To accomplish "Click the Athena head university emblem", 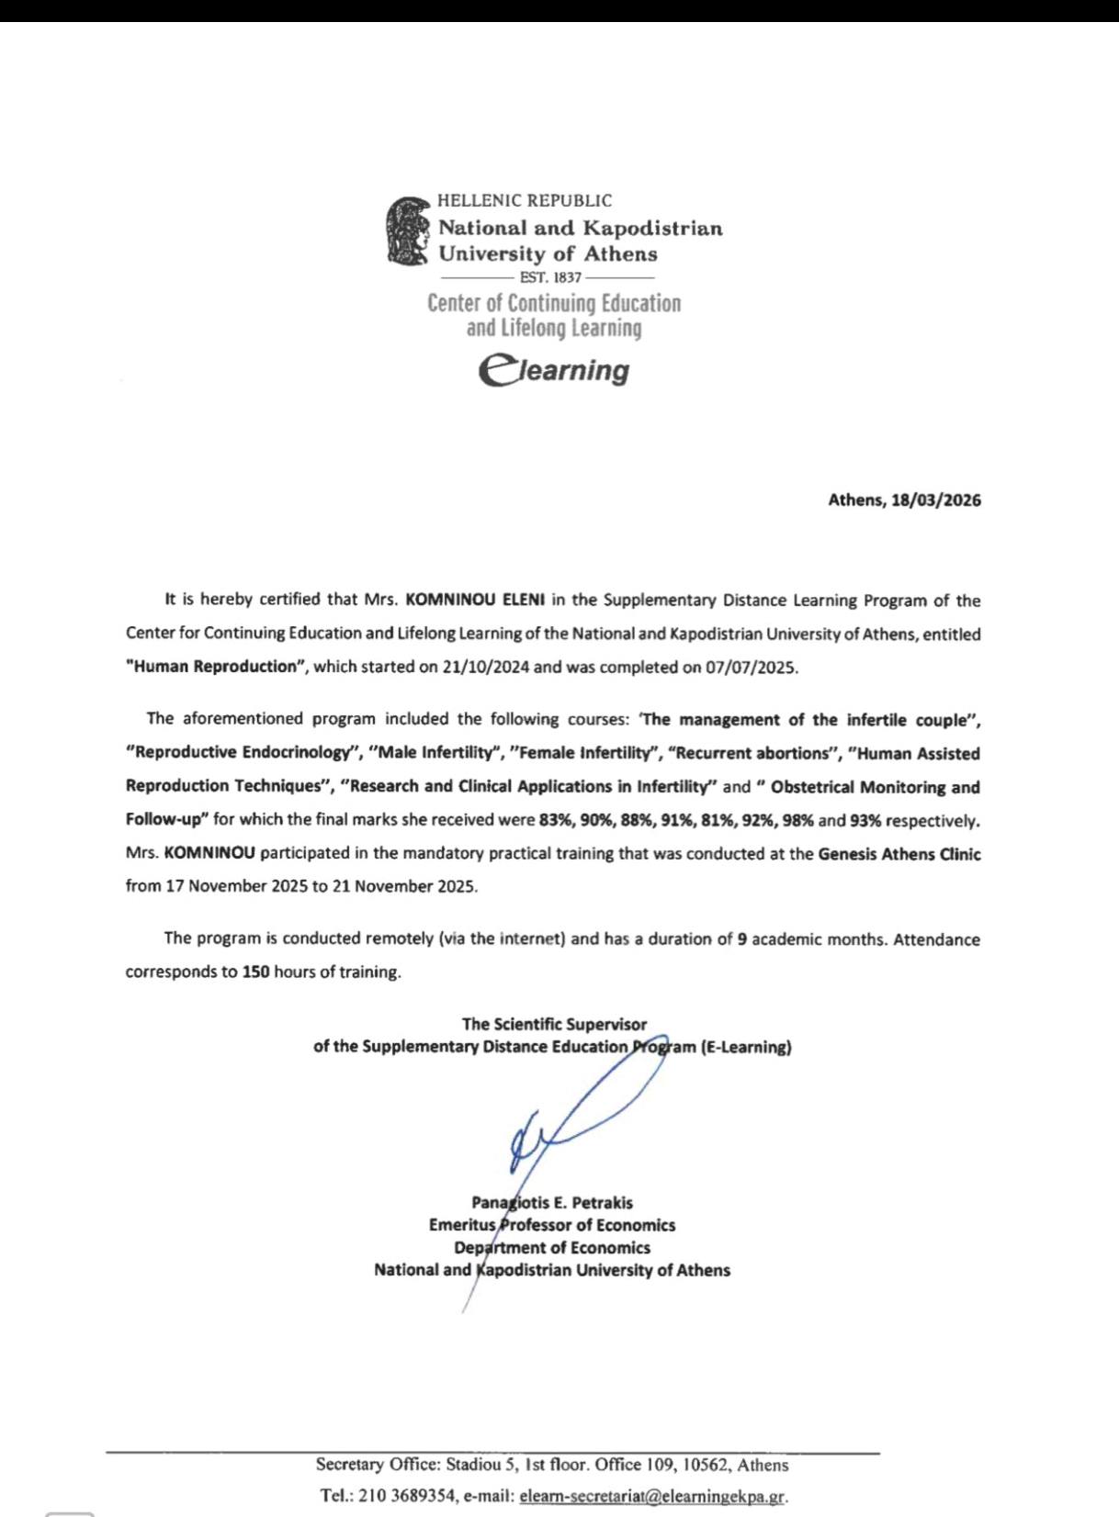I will click(x=409, y=230).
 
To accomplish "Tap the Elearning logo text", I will click(x=554, y=370).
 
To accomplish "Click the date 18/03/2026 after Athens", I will click(x=936, y=500).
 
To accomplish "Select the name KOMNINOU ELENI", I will click(x=475, y=600).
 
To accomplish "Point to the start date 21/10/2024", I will click(x=485, y=668).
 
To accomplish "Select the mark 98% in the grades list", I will click(x=798, y=820).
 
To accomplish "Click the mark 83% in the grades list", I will click(x=556, y=820).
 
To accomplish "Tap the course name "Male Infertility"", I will click(x=435, y=753).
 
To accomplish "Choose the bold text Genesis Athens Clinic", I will click(x=899, y=854).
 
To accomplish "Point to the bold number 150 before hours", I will click(x=255, y=972).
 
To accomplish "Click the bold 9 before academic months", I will click(x=741, y=939).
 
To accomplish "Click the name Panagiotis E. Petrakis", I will click(x=552, y=1203).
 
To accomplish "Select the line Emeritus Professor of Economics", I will click(x=552, y=1225).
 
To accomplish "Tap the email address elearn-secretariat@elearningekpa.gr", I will click(x=652, y=1496).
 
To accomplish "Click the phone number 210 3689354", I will click(x=407, y=1496).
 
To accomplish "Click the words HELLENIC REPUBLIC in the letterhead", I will click(x=525, y=200).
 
